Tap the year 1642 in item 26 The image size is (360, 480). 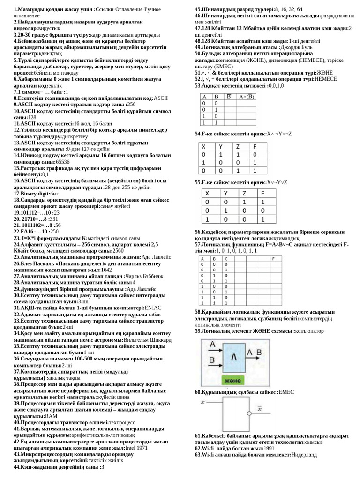[x=106, y=270]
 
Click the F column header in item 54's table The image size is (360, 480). [x=255, y=146]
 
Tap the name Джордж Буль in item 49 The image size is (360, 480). [x=300, y=47]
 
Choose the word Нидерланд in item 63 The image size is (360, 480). [x=304, y=454]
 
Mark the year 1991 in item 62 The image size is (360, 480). [x=269, y=448]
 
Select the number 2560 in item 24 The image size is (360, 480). [x=118, y=251]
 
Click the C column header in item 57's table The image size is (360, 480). [x=226, y=258]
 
